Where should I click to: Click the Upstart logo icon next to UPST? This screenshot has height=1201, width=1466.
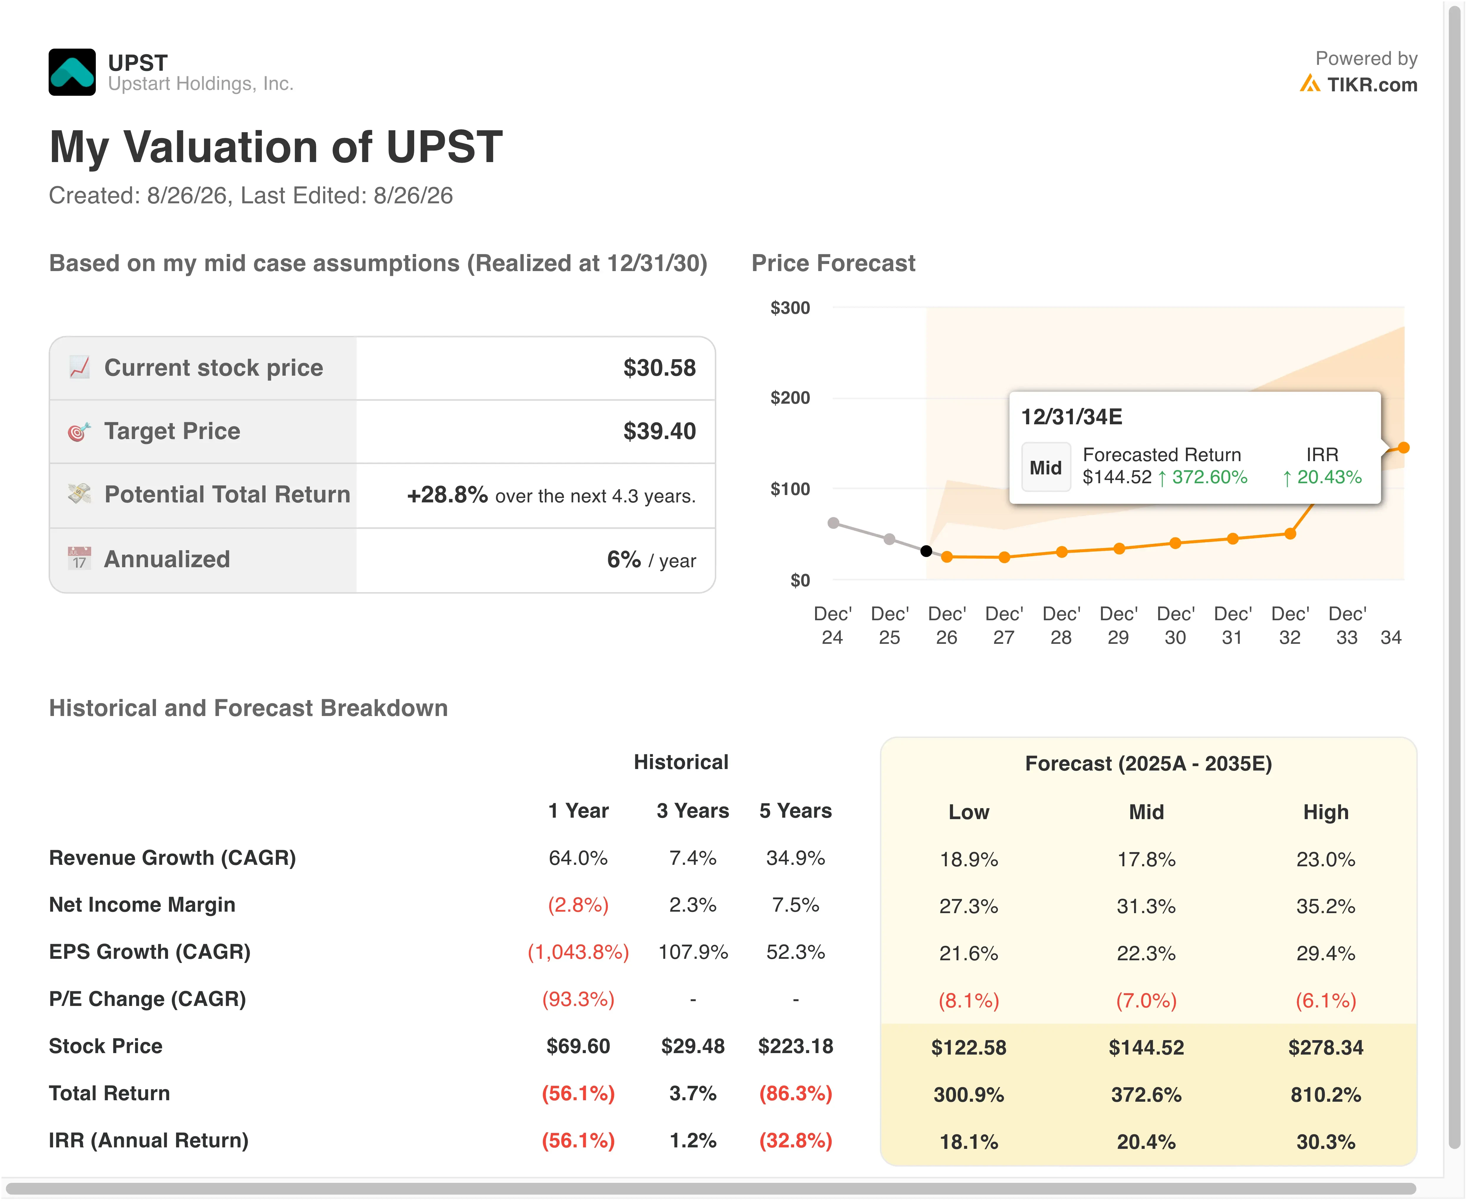click(x=72, y=72)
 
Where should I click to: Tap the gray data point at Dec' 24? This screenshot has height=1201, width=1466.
click(x=833, y=523)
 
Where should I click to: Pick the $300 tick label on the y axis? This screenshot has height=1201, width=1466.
click(x=790, y=308)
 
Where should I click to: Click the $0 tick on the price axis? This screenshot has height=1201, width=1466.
click(x=800, y=580)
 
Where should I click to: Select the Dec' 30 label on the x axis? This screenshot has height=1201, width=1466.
click(x=1175, y=626)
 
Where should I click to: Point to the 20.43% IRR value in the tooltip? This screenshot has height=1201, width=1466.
click(x=1329, y=477)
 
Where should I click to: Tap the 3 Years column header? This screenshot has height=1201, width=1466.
click(x=693, y=811)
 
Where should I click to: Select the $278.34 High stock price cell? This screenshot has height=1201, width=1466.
click(x=1325, y=1047)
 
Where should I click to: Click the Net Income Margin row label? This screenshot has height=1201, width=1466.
click(x=142, y=905)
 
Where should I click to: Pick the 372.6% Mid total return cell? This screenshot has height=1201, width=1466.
click(x=1146, y=1094)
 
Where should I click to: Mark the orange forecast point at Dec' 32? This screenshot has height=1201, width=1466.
click(x=1290, y=533)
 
